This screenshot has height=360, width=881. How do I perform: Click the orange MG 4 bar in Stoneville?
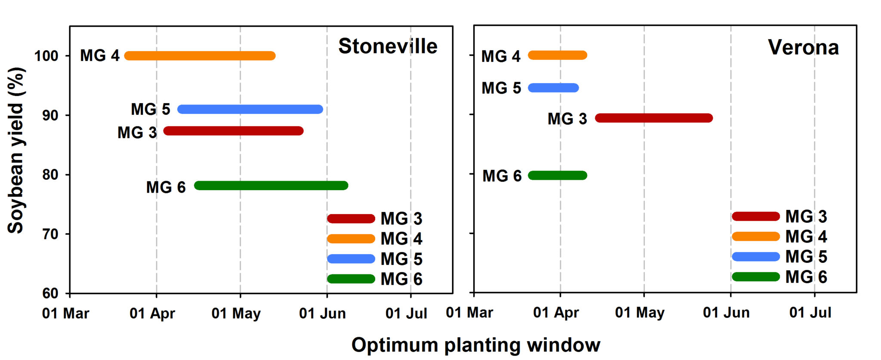pyautogui.click(x=200, y=56)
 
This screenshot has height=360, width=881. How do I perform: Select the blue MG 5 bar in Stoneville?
pyautogui.click(x=250, y=109)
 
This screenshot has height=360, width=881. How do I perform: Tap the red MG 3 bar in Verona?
pyautogui.click(x=654, y=118)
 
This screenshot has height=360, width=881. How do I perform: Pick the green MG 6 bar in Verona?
pyautogui.click(x=558, y=175)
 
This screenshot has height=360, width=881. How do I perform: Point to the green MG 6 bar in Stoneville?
pyautogui.click(x=271, y=185)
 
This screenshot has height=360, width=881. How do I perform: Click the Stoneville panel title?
pyautogui.click(x=388, y=46)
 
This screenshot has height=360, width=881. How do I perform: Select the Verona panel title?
pyautogui.click(x=803, y=47)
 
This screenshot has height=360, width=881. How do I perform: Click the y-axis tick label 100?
pyautogui.click(x=46, y=56)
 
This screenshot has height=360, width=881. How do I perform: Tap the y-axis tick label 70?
pyautogui.click(x=50, y=234)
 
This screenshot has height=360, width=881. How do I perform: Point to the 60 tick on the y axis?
pyautogui.click(x=50, y=293)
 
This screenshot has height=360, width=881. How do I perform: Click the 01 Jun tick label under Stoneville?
pyautogui.click(x=322, y=314)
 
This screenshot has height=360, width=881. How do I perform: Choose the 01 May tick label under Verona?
pyautogui.click(x=640, y=313)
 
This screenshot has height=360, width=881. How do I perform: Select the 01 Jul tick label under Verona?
pyautogui.click(x=810, y=313)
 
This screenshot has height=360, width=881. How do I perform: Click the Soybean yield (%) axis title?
pyautogui.click(x=16, y=151)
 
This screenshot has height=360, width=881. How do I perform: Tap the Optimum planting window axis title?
pyautogui.click(x=476, y=345)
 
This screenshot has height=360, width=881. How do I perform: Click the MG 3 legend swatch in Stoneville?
pyautogui.click(x=351, y=218)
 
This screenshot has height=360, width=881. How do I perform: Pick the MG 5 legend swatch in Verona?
pyautogui.click(x=755, y=257)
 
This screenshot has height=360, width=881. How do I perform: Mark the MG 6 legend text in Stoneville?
pyautogui.click(x=401, y=279)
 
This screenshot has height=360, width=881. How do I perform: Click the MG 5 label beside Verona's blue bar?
pyautogui.click(x=501, y=88)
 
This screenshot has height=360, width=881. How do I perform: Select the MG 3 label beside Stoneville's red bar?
pyautogui.click(x=137, y=132)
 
